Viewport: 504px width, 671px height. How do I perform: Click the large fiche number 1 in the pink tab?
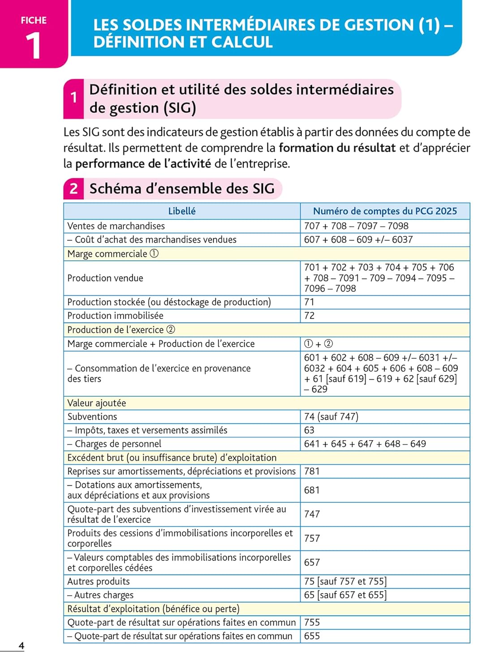tap(33, 46)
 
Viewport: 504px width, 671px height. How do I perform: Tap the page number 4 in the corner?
tap(21, 646)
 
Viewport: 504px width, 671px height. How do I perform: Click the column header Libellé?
tap(181, 211)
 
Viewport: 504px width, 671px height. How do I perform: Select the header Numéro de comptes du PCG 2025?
tap(385, 211)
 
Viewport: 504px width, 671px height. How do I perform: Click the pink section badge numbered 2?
tap(73, 189)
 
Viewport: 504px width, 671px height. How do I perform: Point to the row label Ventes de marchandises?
tap(116, 226)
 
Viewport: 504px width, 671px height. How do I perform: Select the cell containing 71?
tap(309, 302)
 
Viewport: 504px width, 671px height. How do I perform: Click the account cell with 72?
tap(309, 315)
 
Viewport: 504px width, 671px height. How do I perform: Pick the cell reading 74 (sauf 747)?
tap(331, 416)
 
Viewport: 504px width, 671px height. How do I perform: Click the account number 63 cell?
tap(309, 430)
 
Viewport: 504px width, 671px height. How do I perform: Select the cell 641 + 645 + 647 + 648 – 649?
tap(365, 444)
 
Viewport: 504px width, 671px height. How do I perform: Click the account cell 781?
tap(312, 471)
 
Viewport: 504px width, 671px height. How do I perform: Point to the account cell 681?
tap(312, 490)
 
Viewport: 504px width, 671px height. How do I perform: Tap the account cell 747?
tap(312, 514)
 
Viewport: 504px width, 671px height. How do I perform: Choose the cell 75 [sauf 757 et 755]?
tap(345, 581)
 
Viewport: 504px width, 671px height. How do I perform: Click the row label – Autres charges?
tap(100, 595)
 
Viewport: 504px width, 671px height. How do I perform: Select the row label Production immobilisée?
tap(115, 315)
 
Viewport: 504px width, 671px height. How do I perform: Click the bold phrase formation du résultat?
tap(337, 148)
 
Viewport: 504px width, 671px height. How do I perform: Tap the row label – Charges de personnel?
tap(114, 444)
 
